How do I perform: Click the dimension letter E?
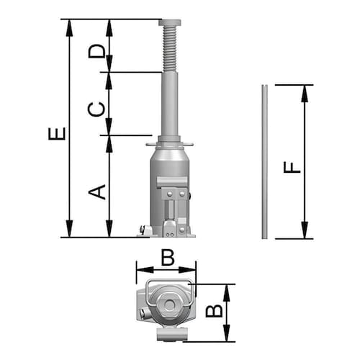[57, 133]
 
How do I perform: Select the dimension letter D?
[97, 51]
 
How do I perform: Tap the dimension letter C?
[96, 109]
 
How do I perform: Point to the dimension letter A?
[97, 192]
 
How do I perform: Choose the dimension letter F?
[292, 168]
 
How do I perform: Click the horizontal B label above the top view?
[168, 258]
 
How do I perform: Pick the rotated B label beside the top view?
[215, 311]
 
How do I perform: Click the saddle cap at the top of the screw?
[170, 22]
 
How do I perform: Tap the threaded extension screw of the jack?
[170, 49]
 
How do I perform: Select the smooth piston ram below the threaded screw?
[170, 104]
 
